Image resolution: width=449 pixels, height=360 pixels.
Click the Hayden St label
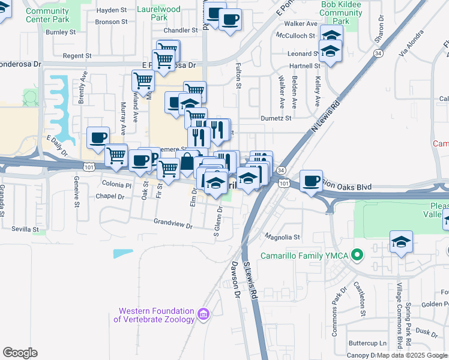(x=112, y=10)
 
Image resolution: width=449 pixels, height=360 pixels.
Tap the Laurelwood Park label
(x=158, y=13)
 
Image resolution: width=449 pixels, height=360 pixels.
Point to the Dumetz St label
(x=276, y=118)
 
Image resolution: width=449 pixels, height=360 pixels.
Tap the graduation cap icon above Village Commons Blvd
(x=401, y=242)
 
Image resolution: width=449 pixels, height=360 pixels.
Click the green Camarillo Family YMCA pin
(x=358, y=256)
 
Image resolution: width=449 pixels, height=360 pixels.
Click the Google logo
(x=20, y=352)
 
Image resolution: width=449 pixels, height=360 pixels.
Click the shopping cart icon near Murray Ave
(x=142, y=80)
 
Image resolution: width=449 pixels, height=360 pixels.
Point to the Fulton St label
(x=238, y=77)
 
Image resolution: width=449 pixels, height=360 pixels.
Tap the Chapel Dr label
(x=109, y=196)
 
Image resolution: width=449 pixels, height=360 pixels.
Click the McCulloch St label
(x=295, y=35)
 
